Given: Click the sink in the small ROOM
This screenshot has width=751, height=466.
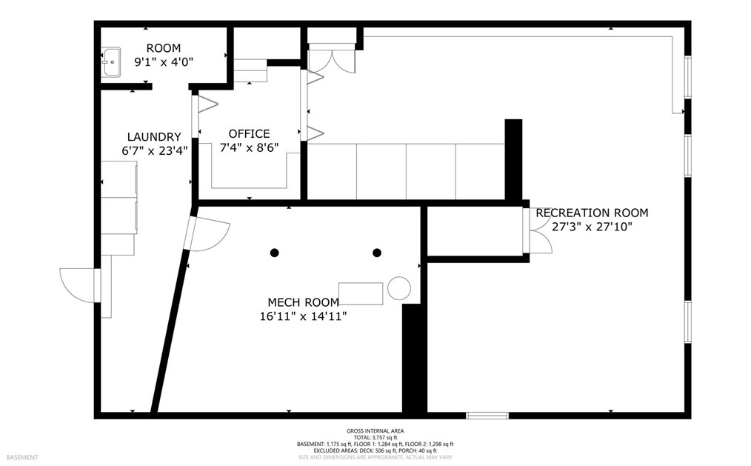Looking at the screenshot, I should [111, 62].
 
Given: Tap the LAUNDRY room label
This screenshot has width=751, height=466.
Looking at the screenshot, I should [154, 137].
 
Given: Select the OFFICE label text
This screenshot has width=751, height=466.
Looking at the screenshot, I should [249, 134].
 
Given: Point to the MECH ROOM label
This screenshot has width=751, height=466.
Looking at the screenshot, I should [303, 302].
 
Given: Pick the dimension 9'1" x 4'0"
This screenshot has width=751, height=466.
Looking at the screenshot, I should [163, 62].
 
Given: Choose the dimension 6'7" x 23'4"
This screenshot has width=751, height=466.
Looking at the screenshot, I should [154, 150].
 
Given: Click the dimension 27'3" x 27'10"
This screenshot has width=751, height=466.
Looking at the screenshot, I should [592, 227].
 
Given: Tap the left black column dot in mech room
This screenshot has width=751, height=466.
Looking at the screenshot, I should [274, 253].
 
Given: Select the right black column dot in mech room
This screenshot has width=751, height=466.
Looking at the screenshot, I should [377, 253].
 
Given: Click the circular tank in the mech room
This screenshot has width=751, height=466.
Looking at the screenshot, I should [399, 288].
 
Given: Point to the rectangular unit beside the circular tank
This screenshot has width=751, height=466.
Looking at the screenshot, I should [361, 293].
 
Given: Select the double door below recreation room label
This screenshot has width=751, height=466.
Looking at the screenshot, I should [539, 231].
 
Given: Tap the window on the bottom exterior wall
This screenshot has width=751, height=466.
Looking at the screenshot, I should [487, 415].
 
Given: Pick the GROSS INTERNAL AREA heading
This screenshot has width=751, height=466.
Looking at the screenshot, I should [375, 431].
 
